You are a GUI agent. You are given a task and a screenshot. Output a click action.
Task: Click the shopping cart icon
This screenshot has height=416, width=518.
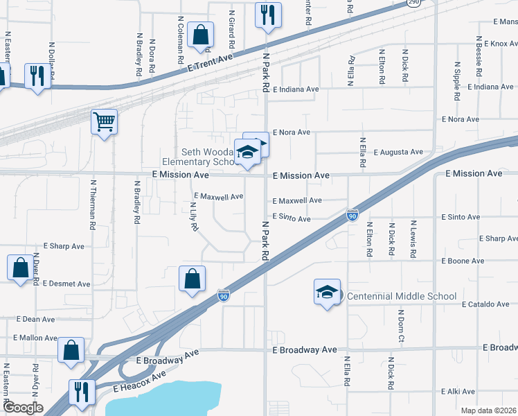pyautogui.click(x=104, y=123)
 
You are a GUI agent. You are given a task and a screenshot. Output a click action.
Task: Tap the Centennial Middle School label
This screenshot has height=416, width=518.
pyautogui.click(x=402, y=296)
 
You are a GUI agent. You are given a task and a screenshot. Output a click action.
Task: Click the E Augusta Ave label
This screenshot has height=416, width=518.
pyautogui.click(x=398, y=152)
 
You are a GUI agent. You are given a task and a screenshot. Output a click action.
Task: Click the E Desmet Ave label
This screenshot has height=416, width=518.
pyautogui.click(x=66, y=284)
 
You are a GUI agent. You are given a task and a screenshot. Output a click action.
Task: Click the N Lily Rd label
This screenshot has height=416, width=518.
pyautogui.click(x=195, y=216)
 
